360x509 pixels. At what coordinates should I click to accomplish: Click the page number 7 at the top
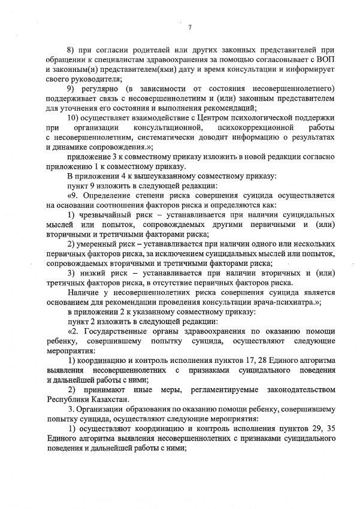(188, 26)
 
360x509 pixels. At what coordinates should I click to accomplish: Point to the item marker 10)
(75, 118)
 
